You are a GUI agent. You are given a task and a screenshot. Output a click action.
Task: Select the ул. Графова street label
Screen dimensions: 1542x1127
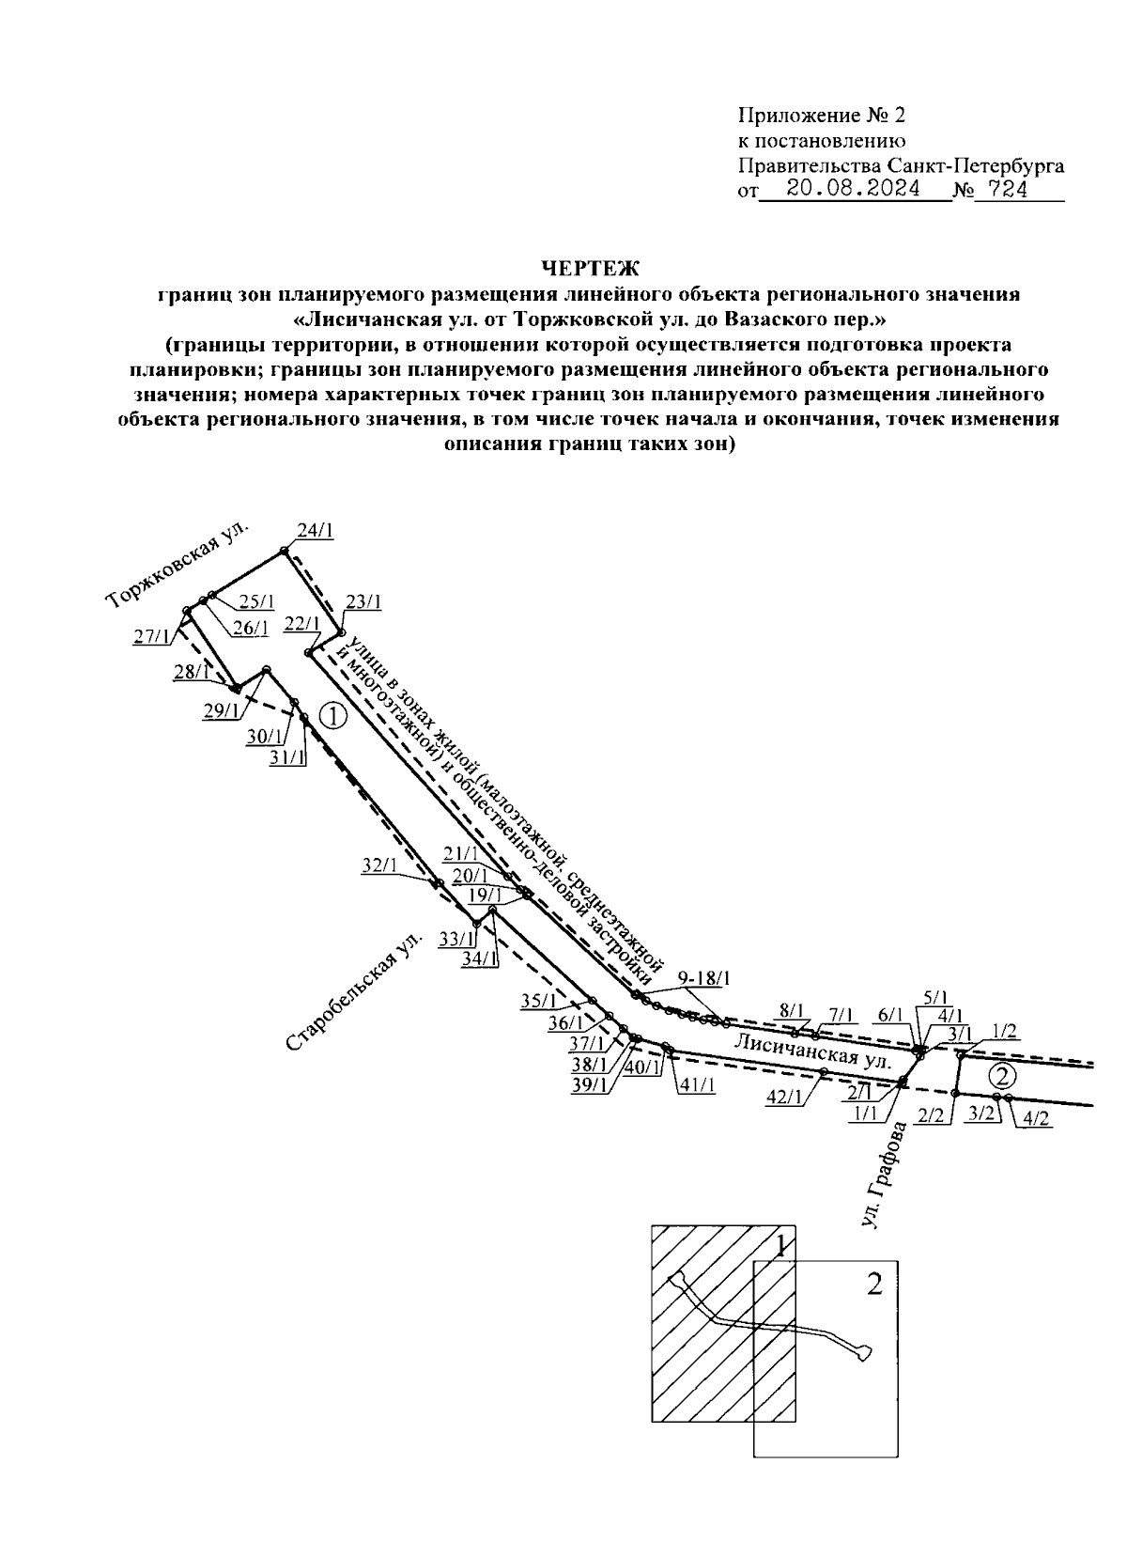[x=885, y=1176]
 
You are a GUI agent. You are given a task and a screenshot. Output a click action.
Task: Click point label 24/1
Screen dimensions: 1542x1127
[x=315, y=531]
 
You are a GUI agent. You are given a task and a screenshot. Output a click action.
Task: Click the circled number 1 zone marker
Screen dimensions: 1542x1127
[x=333, y=716]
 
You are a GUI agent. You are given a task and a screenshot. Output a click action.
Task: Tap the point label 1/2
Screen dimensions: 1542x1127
[x=1004, y=1031]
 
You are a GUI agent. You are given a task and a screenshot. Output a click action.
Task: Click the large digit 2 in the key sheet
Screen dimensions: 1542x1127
[x=873, y=1285]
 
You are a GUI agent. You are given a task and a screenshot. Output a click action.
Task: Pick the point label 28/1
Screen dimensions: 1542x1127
[x=191, y=672]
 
